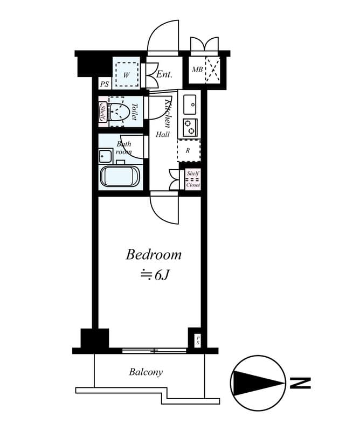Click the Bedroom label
pyautogui.click(x=154, y=255)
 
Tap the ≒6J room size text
pyautogui.click(x=155, y=275)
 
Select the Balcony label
pyautogui.click(x=146, y=372)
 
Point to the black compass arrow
pyautogui.click(x=259, y=384)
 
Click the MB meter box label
pyautogui.click(x=197, y=70)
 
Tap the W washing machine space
pyautogui.click(x=126, y=75)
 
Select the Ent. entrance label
pyautogui.click(x=164, y=74)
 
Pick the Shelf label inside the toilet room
pyautogui.click(x=103, y=112)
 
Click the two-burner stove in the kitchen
pyautogui.click(x=190, y=128)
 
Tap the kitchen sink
pyautogui.click(x=191, y=103)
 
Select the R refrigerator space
pyautogui.click(x=188, y=150)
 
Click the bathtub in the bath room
pyautogui.click(x=120, y=176)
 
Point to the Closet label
pyautogui.click(x=193, y=185)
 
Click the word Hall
pyautogui.click(x=163, y=135)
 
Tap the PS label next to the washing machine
pyautogui.click(x=103, y=84)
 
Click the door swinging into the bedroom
pyautogui.click(x=164, y=210)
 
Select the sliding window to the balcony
pyautogui.click(x=154, y=351)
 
